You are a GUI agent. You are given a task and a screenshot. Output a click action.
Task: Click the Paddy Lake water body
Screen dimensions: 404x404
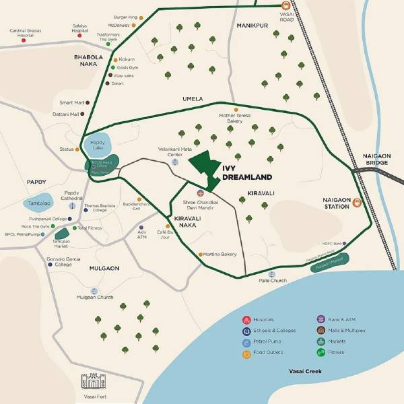pyautogui.click(x=98, y=144)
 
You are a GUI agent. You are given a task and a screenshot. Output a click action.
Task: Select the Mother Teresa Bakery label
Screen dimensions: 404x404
pyautogui.click(x=234, y=118)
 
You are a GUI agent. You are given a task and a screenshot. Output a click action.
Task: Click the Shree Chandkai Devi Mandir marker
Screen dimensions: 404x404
pyautogui.click(x=200, y=193)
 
